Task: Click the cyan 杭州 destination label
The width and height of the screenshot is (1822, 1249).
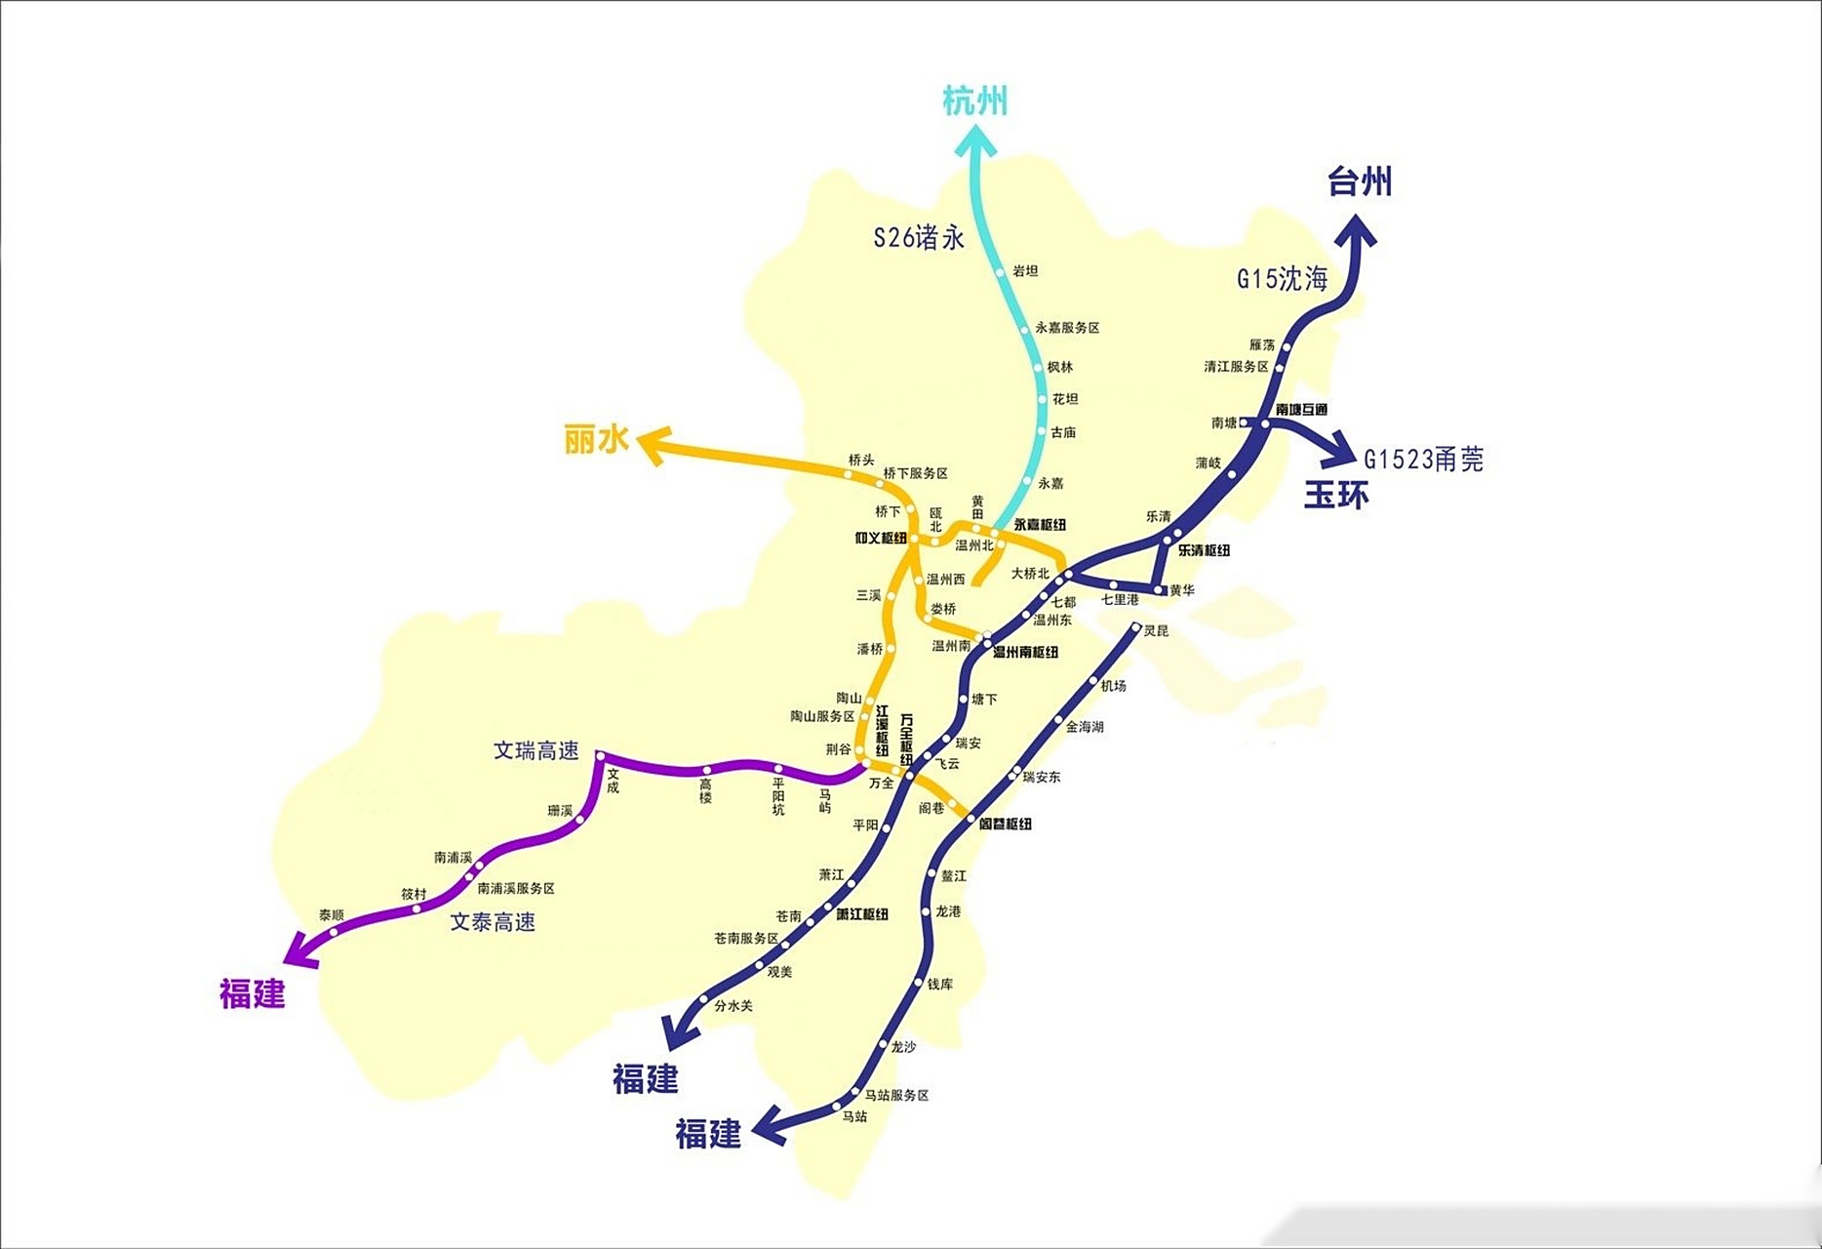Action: pos(974,101)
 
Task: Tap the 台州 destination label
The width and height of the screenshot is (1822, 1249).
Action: pos(1359,181)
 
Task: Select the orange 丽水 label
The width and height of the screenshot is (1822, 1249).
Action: pos(596,440)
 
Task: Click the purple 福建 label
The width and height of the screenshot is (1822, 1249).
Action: pos(252,993)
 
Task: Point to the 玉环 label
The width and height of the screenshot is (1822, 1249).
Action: pos(1336,495)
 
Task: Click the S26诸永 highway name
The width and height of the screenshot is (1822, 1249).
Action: pos(918,237)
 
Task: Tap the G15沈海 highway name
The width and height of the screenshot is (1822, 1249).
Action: pos(1282,279)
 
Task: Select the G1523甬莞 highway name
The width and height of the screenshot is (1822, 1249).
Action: pos(1423,459)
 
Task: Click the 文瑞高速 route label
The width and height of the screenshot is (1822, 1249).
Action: pos(535,750)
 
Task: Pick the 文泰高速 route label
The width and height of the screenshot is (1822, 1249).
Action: pos(493,922)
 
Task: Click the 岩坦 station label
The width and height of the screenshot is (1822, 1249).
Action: pos(1025,271)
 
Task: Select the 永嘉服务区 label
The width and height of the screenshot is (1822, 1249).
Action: pos(1067,328)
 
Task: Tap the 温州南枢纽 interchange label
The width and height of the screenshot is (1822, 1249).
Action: pos(1025,652)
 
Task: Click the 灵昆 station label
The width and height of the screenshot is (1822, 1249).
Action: pos(1156,631)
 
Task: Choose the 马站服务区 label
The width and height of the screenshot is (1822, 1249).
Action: pos(896,1096)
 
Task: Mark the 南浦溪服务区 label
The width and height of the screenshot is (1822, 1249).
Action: pos(516,889)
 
